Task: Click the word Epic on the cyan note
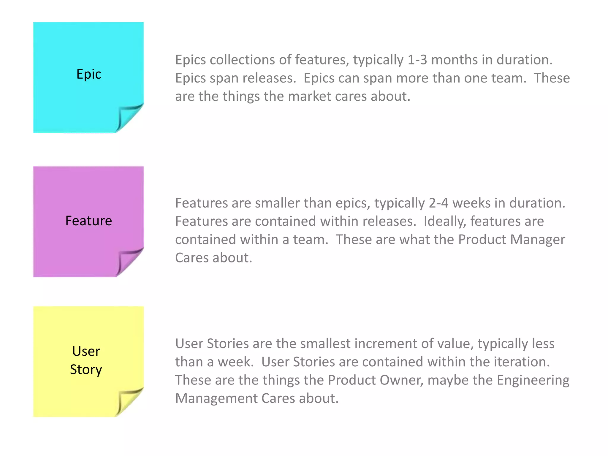89,74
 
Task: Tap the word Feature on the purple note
88,221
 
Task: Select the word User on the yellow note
86,351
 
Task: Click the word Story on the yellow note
86,370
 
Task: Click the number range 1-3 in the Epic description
417,60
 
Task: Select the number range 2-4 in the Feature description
438,203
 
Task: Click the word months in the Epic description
454,60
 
